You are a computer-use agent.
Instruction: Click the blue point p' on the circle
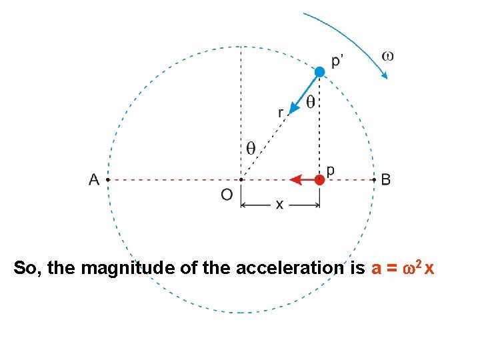[x=320, y=71]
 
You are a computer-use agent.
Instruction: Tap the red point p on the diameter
[x=320, y=179]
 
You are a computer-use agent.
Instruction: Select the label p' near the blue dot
[x=338, y=61]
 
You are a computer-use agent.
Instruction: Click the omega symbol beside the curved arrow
[x=387, y=55]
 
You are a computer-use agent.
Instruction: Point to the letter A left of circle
[x=94, y=179]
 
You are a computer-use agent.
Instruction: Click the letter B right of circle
[x=386, y=179]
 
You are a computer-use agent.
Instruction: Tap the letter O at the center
[x=227, y=194]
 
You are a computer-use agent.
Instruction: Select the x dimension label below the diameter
[x=279, y=205]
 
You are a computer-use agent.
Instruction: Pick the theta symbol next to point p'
[x=311, y=102]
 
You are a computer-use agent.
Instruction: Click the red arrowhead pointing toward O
[x=295, y=179]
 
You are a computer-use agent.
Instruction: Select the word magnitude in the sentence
[x=126, y=269]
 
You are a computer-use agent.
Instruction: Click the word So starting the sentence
[x=25, y=268]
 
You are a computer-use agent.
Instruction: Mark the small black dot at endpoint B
[x=374, y=179]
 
